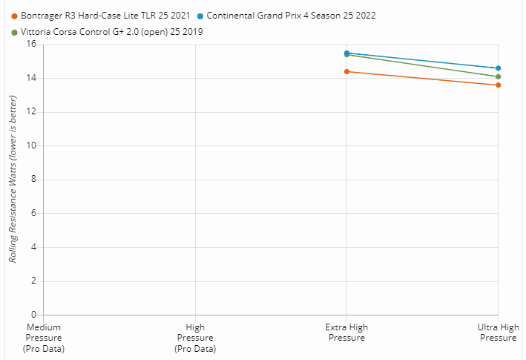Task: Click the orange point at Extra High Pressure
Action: (346, 71)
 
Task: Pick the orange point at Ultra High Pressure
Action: (498, 85)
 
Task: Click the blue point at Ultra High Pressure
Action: (498, 68)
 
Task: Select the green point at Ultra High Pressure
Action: (498, 76)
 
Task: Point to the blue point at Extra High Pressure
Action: (346, 53)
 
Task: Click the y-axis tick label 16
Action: (31, 45)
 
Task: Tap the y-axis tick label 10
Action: (31, 145)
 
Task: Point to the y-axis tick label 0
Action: (33, 315)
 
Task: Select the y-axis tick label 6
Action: (33, 213)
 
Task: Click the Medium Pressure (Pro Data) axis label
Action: (44, 338)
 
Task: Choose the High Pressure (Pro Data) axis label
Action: (195, 338)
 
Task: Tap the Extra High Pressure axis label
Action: (346, 333)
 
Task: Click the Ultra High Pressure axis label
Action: (498, 333)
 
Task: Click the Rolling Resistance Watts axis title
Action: (13, 180)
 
